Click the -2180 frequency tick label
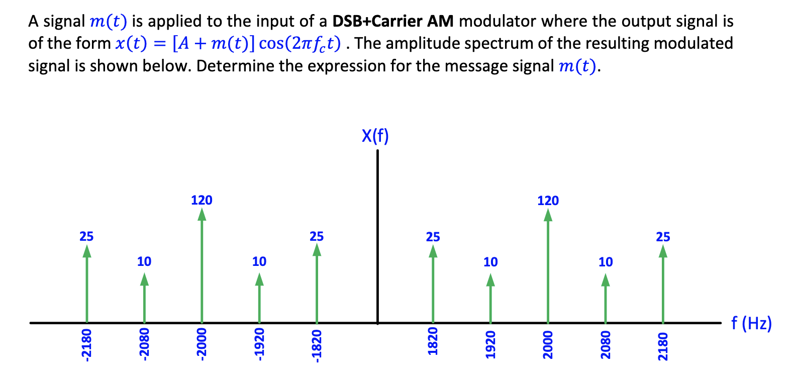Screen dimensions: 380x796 coord(86,345)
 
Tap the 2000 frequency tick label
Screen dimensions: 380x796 coord(548,345)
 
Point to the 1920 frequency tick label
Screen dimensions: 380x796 coord(490,345)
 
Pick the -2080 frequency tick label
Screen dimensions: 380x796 coord(144,345)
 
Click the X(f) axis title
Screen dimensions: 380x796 coord(375,136)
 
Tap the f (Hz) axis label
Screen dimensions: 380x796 coord(751,323)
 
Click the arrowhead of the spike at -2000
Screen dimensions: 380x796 coord(202,215)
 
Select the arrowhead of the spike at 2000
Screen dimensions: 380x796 coord(548,215)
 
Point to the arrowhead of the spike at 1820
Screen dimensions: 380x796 coord(433,251)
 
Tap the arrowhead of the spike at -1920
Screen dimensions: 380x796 coord(259,279)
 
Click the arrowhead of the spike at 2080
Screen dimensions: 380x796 coord(606,280)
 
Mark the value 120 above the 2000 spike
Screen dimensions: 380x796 coord(548,201)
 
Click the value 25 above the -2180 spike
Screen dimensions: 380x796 coord(86,236)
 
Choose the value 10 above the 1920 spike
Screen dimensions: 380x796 coord(490,262)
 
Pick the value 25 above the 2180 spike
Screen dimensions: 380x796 coord(663,237)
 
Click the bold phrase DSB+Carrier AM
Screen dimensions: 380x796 coord(393,21)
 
